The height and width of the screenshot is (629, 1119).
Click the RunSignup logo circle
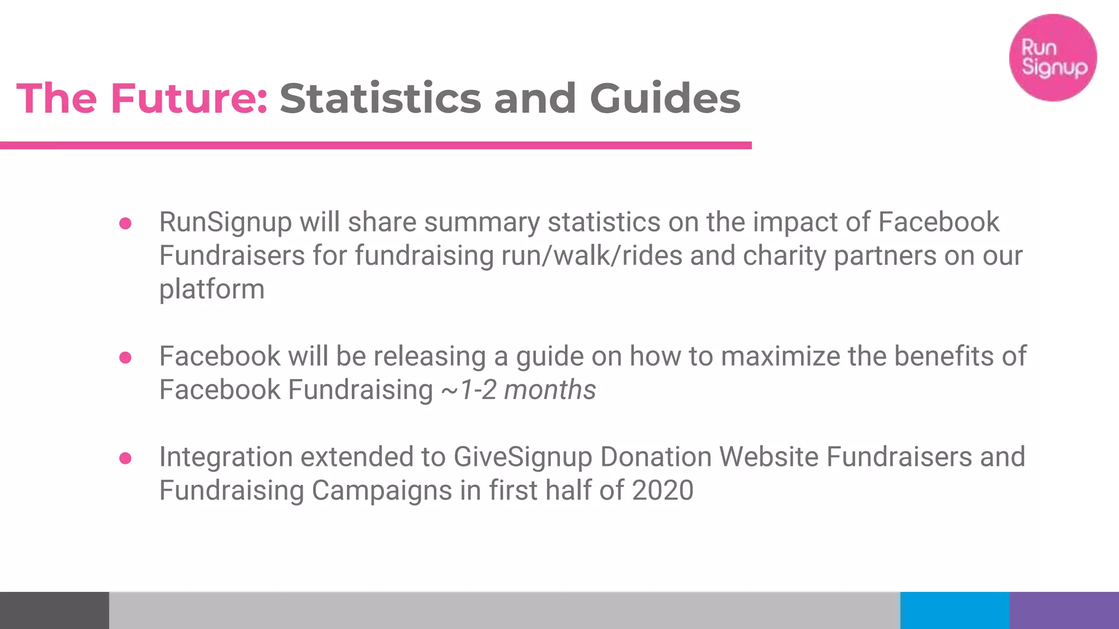tap(1053, 57)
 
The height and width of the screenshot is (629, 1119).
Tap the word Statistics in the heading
tap(380, 98)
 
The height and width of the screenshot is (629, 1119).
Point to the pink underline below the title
tap(376, 145)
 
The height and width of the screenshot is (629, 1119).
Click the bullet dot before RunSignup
tap(125, 223)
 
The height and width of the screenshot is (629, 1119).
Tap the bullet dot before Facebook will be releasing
tap(125, 358)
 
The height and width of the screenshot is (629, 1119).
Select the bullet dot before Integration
tap(125, 458)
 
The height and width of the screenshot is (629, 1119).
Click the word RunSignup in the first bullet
tap(225, 222)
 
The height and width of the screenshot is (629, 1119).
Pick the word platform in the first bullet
tap(212, 289)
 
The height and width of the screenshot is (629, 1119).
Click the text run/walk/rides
tap(592, 256)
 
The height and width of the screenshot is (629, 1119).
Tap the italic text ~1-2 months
tap(519, 390)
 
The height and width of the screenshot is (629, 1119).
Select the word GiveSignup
tap(522, 457)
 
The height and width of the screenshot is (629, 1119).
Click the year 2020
tap(662, 490)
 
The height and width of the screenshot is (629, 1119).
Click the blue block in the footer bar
tap(955, 610)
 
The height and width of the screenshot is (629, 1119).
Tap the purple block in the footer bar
tap(1064, 610)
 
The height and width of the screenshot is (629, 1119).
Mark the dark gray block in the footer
tap(55, 610)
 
